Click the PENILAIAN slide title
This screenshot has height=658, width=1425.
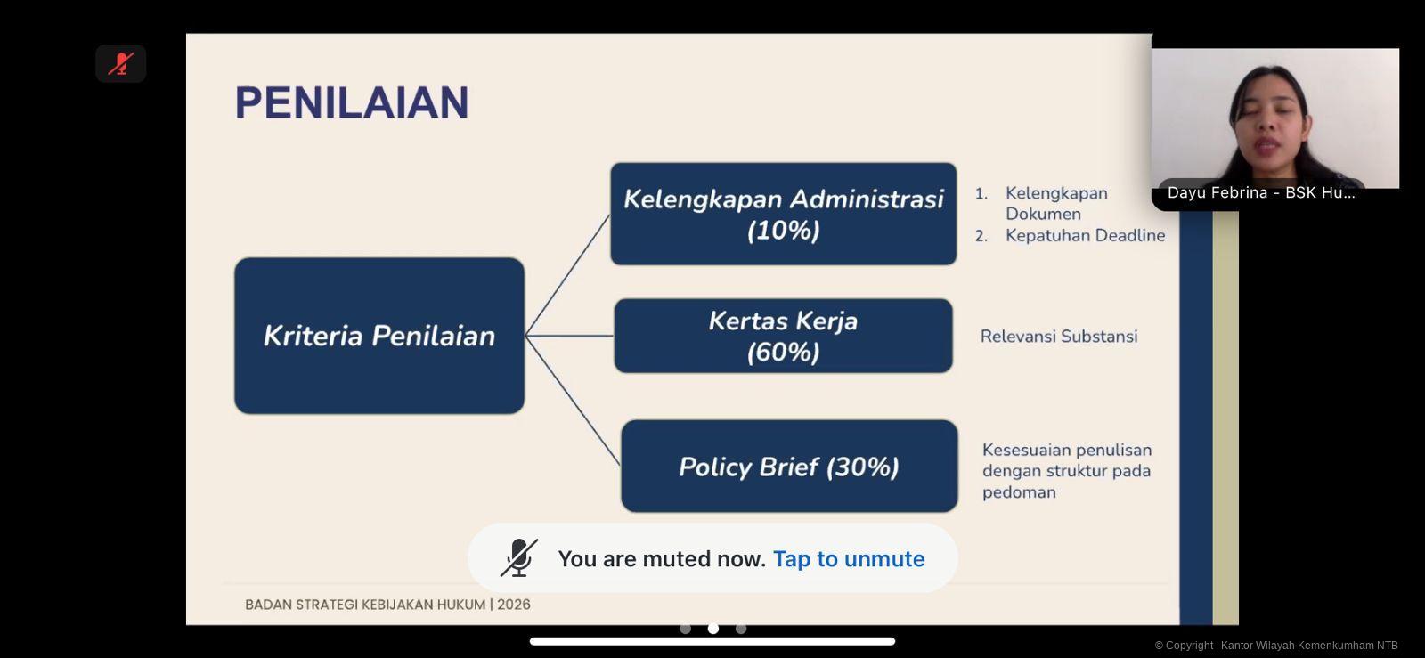352,102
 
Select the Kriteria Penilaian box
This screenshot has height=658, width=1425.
379,336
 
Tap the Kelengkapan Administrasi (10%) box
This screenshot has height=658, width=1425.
783,214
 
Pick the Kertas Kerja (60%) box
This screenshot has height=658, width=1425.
783,336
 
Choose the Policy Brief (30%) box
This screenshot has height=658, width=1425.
789,466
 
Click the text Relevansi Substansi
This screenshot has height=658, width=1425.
1059,337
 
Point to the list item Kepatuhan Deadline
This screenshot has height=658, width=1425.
1086,235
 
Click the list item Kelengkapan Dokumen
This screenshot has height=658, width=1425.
1056,203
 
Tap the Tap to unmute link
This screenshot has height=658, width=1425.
849,559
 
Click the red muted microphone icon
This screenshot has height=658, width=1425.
121,63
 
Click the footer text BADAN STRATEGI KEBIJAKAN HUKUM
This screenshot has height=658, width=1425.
364,605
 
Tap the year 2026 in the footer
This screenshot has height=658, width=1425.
513,605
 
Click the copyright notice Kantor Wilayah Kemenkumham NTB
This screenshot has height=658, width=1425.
1309,646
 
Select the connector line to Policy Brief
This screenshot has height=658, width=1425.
573,401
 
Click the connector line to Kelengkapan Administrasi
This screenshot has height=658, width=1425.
567,274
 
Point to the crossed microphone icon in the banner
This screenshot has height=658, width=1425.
519,557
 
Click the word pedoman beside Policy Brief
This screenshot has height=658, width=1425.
1019,492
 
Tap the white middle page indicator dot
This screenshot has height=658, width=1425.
713,629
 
